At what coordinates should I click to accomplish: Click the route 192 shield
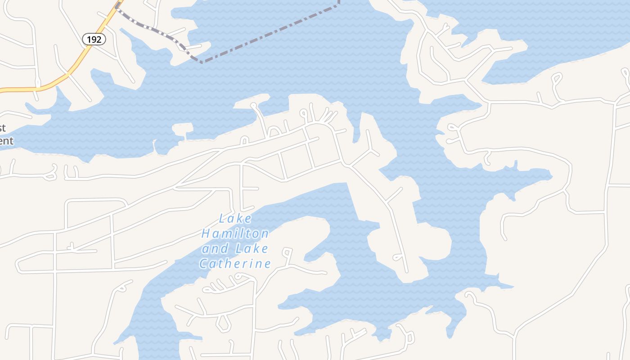coord(94,39)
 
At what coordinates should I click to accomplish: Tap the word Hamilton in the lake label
coord(235,234)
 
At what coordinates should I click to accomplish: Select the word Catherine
coord(235,263)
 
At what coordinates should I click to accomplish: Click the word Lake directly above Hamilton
coord(235,219)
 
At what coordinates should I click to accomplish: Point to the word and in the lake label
coord(215,248)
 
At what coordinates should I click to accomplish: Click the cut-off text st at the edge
coord(3,128)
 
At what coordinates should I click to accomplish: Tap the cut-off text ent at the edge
coord(6,141)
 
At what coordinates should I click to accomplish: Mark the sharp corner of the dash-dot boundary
coord(201,62)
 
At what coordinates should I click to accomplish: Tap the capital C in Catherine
coord(204,264)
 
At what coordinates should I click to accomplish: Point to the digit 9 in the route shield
coord(94,39)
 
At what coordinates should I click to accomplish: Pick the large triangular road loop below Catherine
coord(223,322)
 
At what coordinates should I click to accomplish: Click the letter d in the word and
coord(224,248)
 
